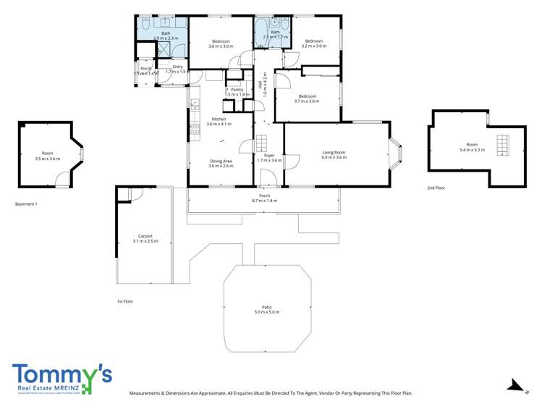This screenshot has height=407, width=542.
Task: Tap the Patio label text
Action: tap(266, 307)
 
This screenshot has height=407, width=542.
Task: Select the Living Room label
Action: tap(334, 152)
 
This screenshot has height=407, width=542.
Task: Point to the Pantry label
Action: tap(237, 90)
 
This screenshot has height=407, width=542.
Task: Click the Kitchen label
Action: tap(219, 119)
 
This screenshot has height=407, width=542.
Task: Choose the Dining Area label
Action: tap(220, 161)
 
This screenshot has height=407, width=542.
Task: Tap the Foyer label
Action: tap(268, 155)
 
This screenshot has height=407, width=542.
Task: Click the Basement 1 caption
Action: tap(26, 204)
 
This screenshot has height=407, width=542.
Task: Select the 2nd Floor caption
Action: tap(436, 188)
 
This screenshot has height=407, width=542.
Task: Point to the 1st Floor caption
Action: tap(125, 301)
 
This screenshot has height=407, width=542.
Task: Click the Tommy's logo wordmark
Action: tap(62, 374)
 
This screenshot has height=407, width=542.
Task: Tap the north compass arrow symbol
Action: tap(514, 385)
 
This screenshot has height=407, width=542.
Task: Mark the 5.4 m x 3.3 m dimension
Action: tap(472, 149)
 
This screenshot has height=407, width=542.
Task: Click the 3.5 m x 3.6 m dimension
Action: tap(48, 158)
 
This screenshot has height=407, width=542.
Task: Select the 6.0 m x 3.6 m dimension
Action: tap(334, 157)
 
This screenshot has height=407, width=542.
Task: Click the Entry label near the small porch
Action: tap(178, 67)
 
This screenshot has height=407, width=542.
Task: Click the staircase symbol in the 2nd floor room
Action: tap(502, 144)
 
